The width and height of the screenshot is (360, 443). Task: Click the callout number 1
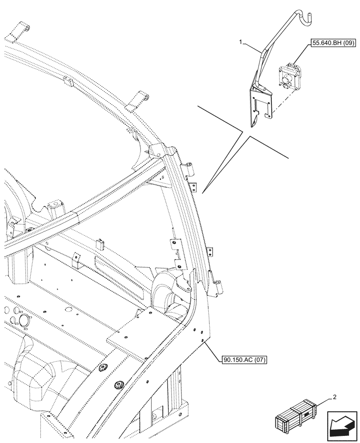(241, 42)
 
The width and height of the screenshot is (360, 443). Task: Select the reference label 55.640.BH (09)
(329, 44)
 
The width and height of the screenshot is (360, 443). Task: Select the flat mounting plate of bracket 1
(261, 104)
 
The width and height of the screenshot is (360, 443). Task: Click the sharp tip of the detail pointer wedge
(203, 193)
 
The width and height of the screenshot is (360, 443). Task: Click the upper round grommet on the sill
(103, 369)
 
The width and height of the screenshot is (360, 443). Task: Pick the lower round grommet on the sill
(119, 385)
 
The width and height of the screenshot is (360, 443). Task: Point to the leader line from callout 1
(251, 47)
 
